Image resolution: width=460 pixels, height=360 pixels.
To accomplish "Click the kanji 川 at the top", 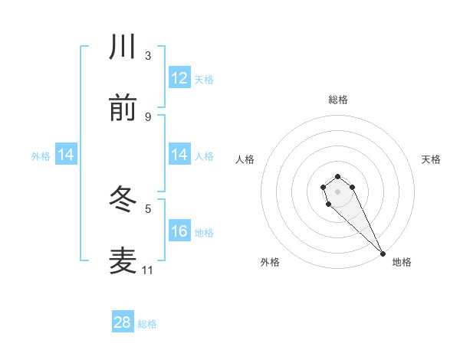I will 123,47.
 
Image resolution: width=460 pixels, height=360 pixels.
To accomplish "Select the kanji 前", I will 123,109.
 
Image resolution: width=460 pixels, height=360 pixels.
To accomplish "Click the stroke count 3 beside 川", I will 148,55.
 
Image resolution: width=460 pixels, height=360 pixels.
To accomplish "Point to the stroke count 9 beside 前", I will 148,116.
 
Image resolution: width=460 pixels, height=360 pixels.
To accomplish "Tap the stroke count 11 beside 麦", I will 148,270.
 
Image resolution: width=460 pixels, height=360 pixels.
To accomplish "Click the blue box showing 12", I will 179,78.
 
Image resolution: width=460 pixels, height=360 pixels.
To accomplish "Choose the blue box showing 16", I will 179,231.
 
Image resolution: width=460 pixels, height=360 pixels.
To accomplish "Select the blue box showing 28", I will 123,322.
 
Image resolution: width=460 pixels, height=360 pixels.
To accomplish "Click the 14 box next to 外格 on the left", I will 66,155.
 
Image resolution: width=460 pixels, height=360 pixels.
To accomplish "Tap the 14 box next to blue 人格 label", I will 179,155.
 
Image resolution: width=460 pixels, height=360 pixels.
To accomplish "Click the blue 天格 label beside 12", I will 204,79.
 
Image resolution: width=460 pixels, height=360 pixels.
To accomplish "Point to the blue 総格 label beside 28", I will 147,324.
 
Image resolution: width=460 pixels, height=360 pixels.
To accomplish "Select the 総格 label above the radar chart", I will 337,100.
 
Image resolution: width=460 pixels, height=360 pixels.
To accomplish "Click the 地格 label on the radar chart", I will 402,262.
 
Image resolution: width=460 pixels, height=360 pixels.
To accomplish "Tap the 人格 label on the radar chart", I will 245,159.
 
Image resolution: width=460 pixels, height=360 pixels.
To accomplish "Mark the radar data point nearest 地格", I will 383,253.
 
